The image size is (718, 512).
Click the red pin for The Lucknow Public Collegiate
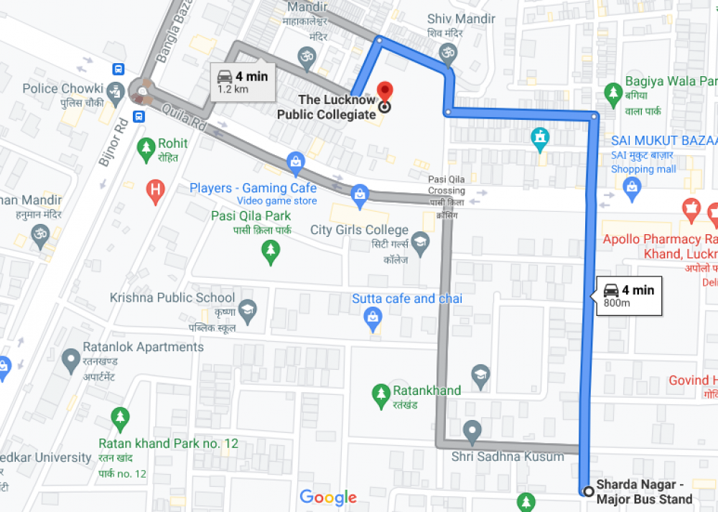point(385,92)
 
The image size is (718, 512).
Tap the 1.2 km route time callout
point(242,82)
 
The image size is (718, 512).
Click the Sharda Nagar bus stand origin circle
point(589,492)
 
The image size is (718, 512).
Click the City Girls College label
point(359,230)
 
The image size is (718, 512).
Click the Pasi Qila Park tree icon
point(270,251)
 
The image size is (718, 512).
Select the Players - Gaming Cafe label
point(253,188)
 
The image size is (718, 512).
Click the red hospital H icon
point(154,191)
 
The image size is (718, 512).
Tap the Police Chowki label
point(63,88)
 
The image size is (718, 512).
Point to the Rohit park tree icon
point(146,148)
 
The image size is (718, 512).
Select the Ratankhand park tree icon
point(381,393)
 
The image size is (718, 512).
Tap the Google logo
point(328,497)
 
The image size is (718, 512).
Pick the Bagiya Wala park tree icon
point(612,91)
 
